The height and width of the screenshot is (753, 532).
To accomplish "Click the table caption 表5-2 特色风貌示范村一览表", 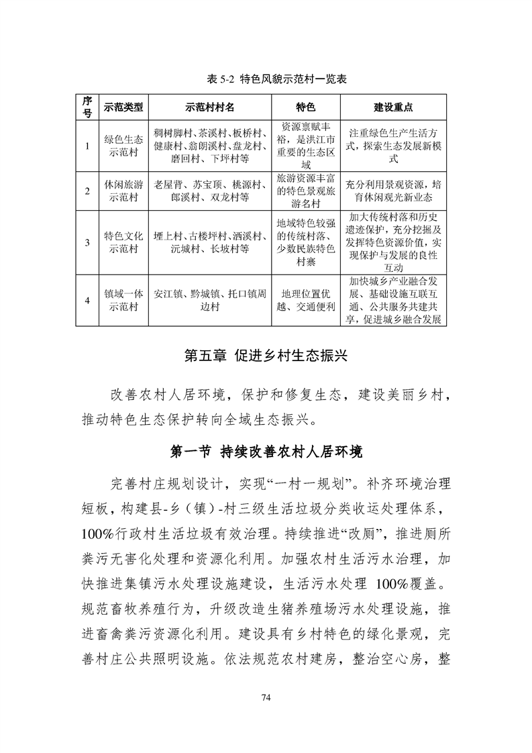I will pos(266,79).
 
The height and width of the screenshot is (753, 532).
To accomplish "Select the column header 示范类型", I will pos(123,107).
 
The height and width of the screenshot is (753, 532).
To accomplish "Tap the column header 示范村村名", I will pos(210,107).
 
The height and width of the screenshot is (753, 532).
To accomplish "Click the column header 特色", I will pos(306,107).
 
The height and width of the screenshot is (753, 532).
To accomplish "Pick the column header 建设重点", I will pos(393,107).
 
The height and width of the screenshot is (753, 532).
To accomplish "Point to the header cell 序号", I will pos(87,107).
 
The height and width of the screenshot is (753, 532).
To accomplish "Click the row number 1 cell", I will pos(87,146).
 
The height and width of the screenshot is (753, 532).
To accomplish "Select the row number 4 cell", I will pos(87,300).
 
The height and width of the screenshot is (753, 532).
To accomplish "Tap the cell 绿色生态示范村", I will pos(123,146).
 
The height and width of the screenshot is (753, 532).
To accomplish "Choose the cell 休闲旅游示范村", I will pos(123,191).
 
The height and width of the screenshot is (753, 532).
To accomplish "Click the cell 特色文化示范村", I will pos(123,242).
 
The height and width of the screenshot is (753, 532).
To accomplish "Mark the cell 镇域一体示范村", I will pos(123,300).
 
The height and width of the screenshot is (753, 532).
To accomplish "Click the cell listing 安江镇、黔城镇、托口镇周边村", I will pos(210,300).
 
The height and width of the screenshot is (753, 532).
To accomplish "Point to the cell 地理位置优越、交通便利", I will pos(306,300).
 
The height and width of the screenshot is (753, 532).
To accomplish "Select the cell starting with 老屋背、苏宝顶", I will pos(210,191).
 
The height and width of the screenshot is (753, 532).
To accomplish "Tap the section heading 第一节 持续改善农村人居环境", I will pos(266,452).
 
